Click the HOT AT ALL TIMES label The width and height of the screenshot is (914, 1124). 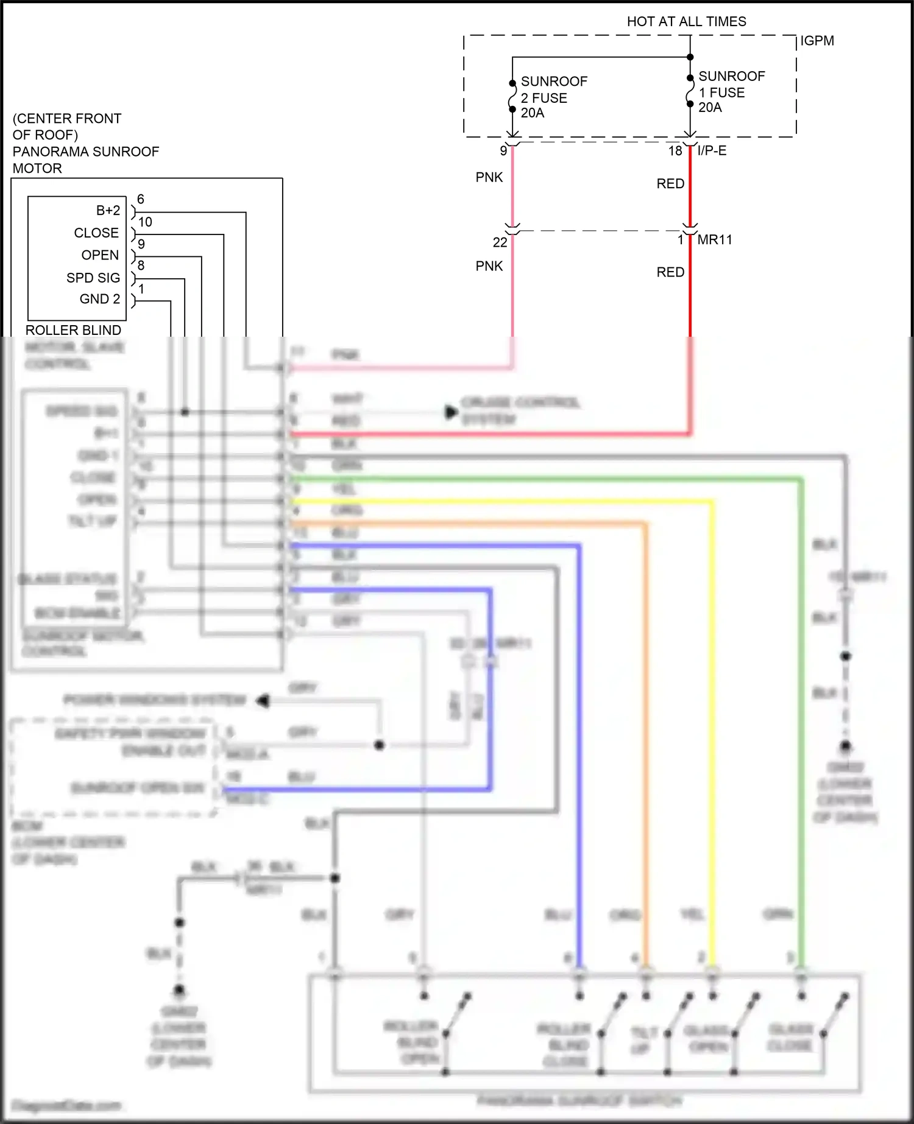(x=686, y=22)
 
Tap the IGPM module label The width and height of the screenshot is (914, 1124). (x=817, y=41)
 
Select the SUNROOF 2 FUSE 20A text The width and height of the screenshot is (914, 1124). (x=553, y=97)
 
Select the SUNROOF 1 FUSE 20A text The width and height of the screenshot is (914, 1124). (x=731, y=92)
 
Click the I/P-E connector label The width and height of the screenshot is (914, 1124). (x=712, y=150)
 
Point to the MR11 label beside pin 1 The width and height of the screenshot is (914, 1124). (x=715, y=240)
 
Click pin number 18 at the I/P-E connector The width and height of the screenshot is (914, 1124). (x=675, y=151)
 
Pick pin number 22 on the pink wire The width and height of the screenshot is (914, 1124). (x=500, y=242)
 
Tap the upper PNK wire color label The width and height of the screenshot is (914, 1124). (x=489, y=177)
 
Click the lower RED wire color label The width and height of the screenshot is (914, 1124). (x=670, y=272)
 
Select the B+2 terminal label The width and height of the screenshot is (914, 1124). (x=108, y=211)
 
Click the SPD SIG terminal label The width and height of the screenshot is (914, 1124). (x=93, y=278)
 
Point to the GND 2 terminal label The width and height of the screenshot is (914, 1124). (x=100, y=299)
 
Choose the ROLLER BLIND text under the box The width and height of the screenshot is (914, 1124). (x=73, y=330)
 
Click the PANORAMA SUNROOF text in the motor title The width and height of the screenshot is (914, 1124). (x=86, y=152)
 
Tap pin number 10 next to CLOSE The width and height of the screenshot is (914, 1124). (x=145, y=222)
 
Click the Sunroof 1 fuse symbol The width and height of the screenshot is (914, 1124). (x=690, y=91)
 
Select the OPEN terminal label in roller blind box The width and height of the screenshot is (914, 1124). (x=100, y=255)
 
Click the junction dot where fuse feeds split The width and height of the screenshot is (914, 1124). (x=690, y=57)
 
